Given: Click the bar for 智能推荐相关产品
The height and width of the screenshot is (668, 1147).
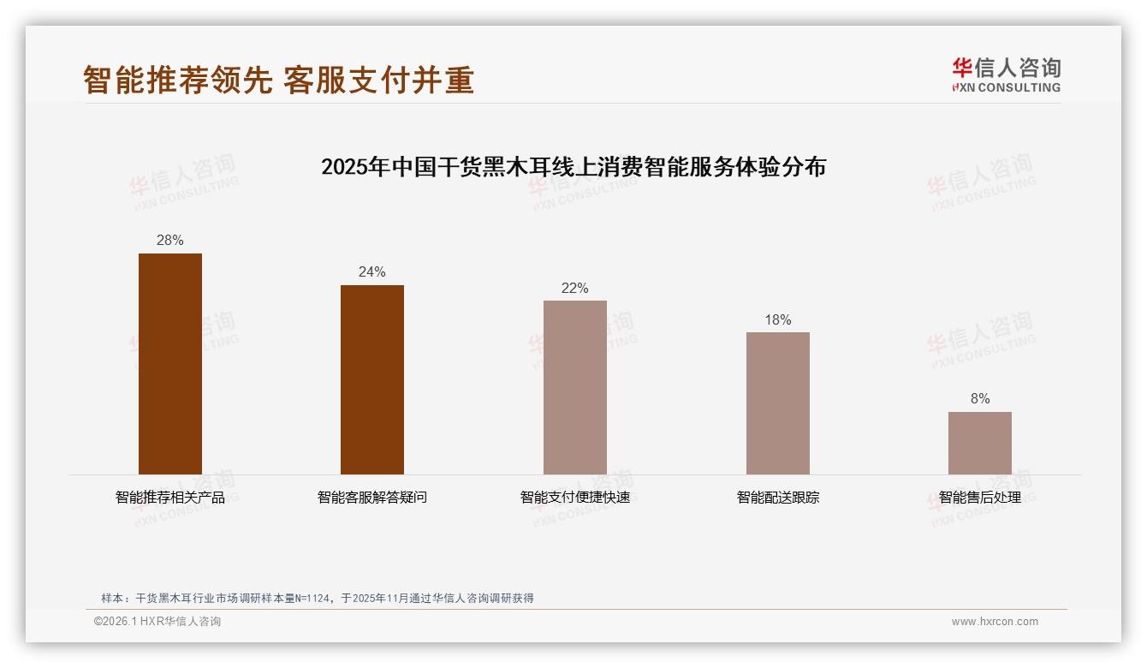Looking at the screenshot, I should (170, 364).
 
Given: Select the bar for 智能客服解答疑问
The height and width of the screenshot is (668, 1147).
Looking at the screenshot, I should (372, 379).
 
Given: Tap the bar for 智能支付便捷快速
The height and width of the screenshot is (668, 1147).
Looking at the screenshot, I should (575, 387).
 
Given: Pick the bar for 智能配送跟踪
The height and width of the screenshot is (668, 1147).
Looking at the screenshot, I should (777, 403).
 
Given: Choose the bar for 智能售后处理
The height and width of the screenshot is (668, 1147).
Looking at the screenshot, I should (979, 443).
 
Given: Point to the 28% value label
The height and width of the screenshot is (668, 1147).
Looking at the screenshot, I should (170, 241).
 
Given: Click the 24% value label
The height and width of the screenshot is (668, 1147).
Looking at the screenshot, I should (372, 272).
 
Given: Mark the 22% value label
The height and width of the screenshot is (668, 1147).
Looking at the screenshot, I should (575, 289).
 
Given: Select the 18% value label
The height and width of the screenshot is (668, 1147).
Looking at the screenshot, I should (777, 320).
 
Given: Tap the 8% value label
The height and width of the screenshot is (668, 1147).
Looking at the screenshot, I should (980, 399).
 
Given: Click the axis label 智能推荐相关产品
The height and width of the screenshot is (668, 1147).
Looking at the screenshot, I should (170, 498).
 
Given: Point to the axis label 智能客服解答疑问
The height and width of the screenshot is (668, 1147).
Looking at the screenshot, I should (372, 498).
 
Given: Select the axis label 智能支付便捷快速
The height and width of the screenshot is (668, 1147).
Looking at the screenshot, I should (575, 498).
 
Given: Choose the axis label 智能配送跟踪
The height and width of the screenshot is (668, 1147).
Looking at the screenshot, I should (777, 498).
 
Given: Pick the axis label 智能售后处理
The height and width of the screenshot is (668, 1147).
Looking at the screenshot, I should (979, 498).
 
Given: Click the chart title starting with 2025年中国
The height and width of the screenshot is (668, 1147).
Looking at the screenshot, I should (573, 167).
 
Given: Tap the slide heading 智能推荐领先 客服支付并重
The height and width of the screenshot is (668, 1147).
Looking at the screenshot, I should (278, 80).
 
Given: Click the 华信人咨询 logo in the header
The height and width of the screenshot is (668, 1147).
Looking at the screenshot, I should (1006, 75).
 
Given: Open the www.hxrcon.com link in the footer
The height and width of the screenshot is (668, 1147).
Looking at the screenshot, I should (995, 622).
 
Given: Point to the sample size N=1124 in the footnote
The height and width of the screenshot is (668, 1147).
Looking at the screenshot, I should (312, 599).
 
